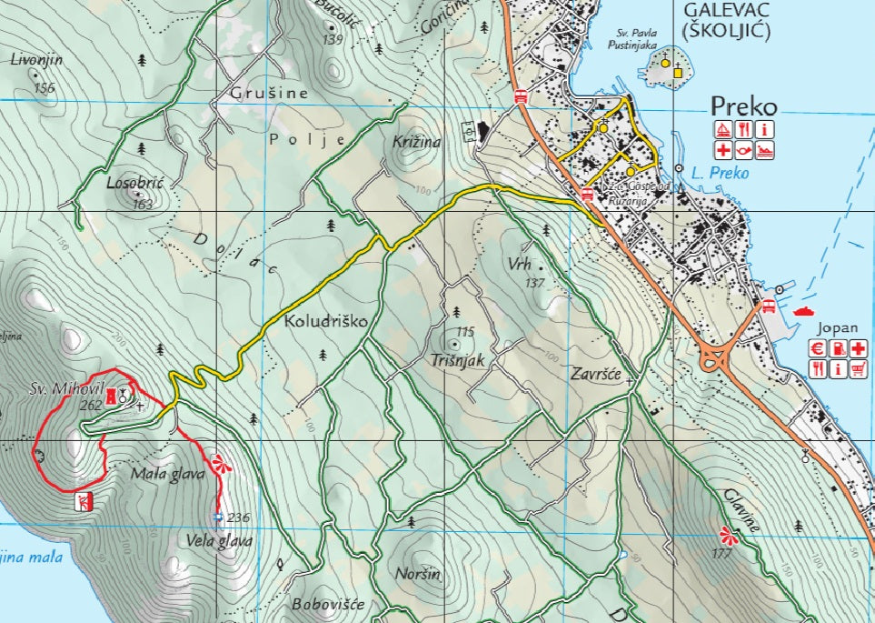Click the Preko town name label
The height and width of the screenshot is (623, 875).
click(743, 106)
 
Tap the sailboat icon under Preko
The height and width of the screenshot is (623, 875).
click(723, 129)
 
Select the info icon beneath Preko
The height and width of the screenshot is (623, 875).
click(766, 129)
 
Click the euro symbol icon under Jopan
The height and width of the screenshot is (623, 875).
click(817, 347)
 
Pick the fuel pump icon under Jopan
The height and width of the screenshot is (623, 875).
click(837, 347)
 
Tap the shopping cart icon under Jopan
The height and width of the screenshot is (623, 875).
click(857, 368)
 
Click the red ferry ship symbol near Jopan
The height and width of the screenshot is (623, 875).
click(804, 310)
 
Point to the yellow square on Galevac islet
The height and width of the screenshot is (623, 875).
click(678, 65)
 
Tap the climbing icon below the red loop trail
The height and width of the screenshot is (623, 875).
click(84, 501)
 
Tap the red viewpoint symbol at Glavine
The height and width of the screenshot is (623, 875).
click(724, 532)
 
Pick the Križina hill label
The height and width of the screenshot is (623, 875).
click(417, 143)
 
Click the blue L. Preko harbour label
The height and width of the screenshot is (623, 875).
click(721, 173)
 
